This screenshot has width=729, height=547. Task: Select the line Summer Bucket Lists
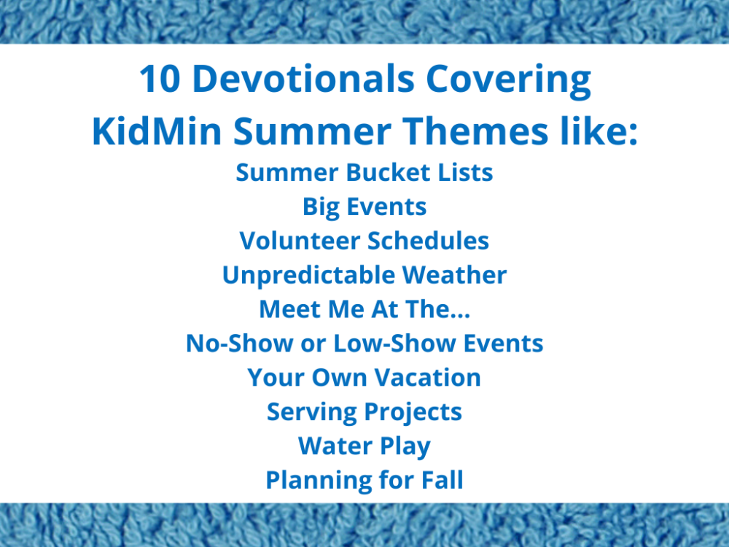click(364, 173)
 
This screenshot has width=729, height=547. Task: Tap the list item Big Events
click(364, 207)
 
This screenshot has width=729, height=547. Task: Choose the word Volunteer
click(299, 241)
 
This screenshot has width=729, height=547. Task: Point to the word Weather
click(454, 275)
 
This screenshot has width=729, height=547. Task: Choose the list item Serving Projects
click(364, 412)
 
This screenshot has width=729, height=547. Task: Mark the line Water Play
click(364, 446)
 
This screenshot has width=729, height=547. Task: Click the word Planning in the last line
click(318, 481)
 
